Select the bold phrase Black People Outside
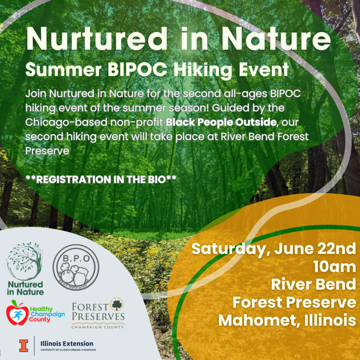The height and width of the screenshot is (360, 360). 216,123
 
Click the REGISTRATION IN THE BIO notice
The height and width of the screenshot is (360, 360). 101,179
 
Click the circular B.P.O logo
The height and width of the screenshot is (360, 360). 76,267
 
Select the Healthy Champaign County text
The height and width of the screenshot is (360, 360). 47,314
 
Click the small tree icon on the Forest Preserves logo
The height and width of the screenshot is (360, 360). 117,304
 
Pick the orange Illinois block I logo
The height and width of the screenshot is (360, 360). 24,345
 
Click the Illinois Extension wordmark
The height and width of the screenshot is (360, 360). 67,343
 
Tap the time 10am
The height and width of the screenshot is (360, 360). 335,267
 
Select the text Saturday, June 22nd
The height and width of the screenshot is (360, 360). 274,249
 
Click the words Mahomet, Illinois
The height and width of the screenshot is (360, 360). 287,320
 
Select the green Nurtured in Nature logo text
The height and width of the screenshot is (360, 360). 25,288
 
